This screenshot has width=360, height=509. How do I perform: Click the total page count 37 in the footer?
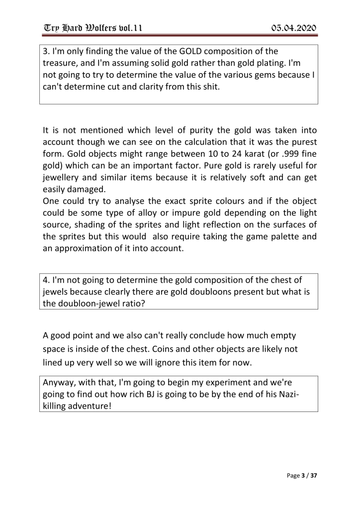[x=313, y=476]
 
